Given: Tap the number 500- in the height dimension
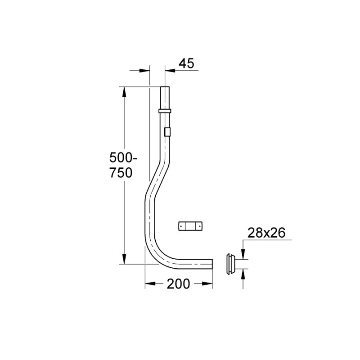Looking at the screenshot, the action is point(123,158).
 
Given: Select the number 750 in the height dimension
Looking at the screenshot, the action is point(121,173).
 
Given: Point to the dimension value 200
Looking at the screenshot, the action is point(178,284).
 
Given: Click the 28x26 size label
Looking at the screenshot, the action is point(266,233).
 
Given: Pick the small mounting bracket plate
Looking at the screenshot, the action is point(190,226).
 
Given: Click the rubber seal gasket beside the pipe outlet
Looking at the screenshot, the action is point(230,264).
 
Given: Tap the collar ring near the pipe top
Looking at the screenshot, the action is point(165,111).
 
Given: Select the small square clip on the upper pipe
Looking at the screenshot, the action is point(167,132).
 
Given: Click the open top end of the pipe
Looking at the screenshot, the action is point(165,87).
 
